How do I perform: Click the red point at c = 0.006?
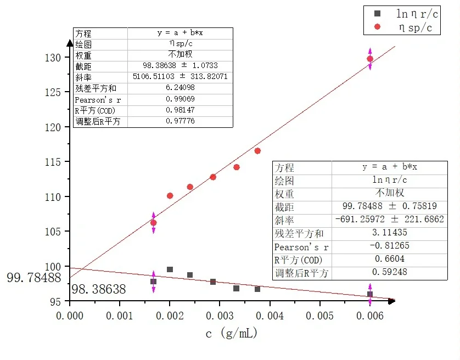coord(370,59)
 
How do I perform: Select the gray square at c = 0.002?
coord(170,269)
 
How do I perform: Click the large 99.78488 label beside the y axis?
coord(33,278)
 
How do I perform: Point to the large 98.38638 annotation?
coord(99,289)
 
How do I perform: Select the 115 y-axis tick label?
coord(56,162)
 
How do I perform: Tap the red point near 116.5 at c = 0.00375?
coord(257,151)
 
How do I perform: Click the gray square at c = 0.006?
coord(370,294)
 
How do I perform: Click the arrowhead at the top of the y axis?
coord(70,43)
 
